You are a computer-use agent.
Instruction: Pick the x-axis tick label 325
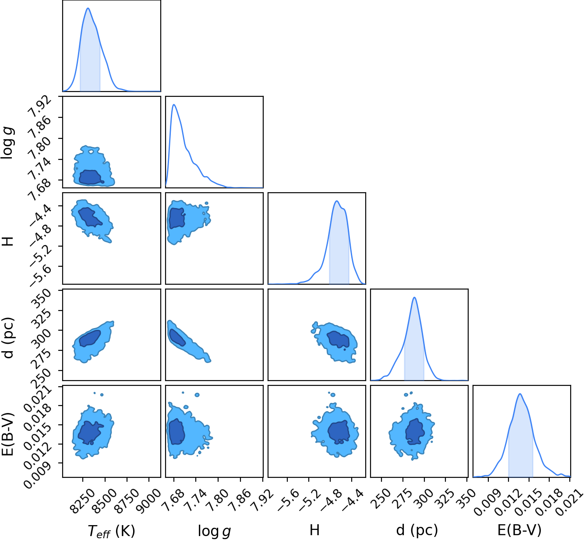(445, 498)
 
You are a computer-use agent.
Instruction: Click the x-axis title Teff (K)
(112, 530)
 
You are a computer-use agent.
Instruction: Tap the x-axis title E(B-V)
(520, 529)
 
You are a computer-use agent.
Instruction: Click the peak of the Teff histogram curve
(88, 8)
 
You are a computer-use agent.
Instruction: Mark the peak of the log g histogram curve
(174, 104)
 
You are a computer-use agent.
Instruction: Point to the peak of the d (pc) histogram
(414, 297)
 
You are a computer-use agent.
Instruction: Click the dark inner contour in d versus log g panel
(178, 338)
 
